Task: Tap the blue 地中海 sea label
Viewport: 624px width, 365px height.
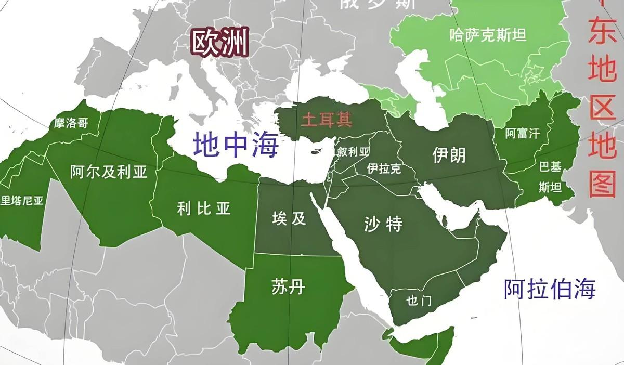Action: (236, 145)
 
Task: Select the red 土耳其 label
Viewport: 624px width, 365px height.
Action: (327, 121)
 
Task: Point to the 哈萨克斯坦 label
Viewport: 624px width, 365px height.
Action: (488, 35)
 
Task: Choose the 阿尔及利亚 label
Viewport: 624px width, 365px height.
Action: (109, 172)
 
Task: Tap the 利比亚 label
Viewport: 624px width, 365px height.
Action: (203, 209)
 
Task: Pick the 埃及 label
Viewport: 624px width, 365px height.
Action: (289, 218)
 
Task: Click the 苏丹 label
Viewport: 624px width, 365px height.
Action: (288, 286)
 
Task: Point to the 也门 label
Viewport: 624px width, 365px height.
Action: (419, 301)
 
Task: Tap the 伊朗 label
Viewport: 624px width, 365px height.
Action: (449, 154)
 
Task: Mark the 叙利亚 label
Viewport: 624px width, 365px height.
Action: (353, 151)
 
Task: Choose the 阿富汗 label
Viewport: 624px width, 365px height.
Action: (523, 134)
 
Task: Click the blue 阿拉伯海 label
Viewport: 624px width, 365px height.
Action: (549, 289)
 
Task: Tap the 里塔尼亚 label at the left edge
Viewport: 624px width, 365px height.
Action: (22, 201)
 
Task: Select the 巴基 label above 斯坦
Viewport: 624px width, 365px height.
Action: (550, 167)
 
